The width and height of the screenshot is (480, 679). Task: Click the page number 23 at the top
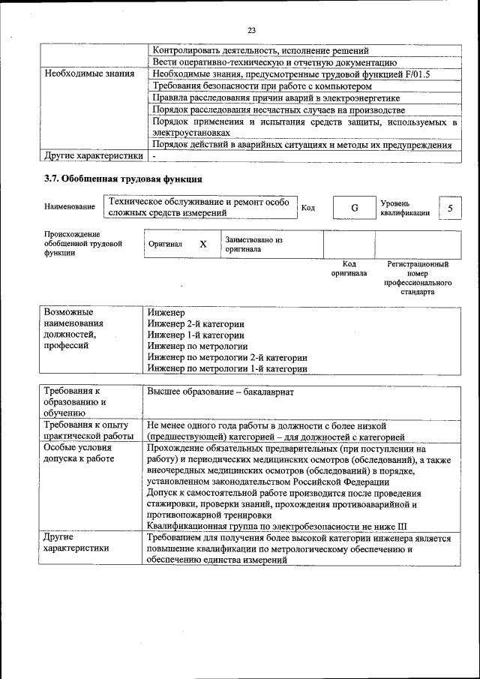[x=251, y=30]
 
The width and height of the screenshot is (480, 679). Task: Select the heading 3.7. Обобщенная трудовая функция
[x=124, y=179]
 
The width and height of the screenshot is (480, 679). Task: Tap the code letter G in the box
[x=354, y=208]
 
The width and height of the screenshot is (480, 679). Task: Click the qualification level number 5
[x=449, y=208]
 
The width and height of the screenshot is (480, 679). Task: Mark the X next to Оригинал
[x=202, y=245]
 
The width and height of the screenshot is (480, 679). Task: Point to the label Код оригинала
[x=349, y=269]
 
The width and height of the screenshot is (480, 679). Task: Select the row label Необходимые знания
[x=89, y=74]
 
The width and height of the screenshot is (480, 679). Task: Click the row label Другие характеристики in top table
[x=93, y=156]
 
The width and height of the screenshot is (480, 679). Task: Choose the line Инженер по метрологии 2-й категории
[x=226, y=357]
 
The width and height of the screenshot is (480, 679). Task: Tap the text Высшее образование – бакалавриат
[x=220, y=392]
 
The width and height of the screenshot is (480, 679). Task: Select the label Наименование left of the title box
[x=70, y=206]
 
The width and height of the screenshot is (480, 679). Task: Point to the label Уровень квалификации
[x=405, y=208]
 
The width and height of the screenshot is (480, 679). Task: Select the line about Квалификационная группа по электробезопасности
[x=288, y=527]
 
